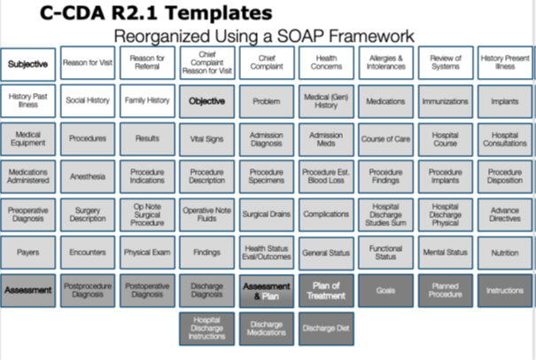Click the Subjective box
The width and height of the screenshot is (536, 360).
(x=29, y=64)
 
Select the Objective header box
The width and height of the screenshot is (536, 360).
(x=206, y=101)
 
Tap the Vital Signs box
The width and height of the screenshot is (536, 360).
(x=206, y=139)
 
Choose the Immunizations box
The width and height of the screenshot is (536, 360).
(x=445, y=101)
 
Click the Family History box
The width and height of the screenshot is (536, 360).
(x=147, y=101)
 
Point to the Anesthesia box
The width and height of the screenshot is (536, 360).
(x=88, y=176)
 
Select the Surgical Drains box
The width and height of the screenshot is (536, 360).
(x=266, y=214)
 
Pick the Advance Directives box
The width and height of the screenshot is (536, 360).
(x=504, y=214)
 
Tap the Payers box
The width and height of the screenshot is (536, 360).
(x=29, y=252)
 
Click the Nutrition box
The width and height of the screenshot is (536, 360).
(x=504, y=252)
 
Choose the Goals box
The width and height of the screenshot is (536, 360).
(x=385, y=289)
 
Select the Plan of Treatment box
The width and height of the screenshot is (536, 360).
(x=326, y=289)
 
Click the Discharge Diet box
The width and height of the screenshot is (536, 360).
(x=326, y=327)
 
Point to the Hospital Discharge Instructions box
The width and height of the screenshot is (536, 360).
(x=206, y=327)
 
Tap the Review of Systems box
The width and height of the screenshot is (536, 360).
(x=445, y=64)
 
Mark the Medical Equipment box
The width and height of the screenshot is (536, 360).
(x=29, y=139)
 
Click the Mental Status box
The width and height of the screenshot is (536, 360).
(x=445, y=252)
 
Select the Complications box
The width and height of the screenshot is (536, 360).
(x=326, y=214)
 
